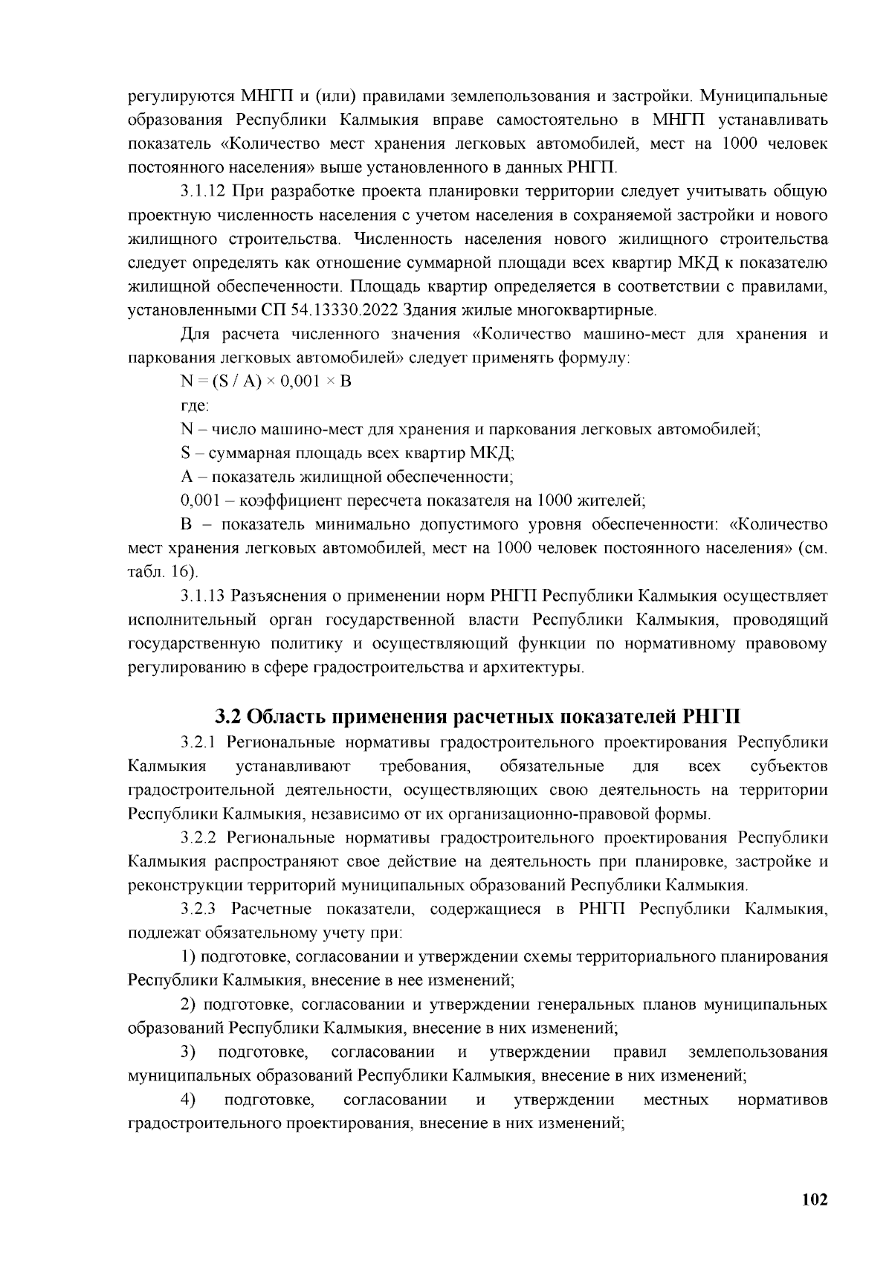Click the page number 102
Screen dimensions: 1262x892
coord(815,1200)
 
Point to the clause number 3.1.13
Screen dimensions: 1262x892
coord(202,596)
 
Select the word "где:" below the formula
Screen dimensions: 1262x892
coord(195,405)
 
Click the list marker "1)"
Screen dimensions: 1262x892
coord(189,956)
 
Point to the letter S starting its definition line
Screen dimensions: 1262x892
coord(186,453)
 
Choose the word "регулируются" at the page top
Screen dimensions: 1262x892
coord(178,96)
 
